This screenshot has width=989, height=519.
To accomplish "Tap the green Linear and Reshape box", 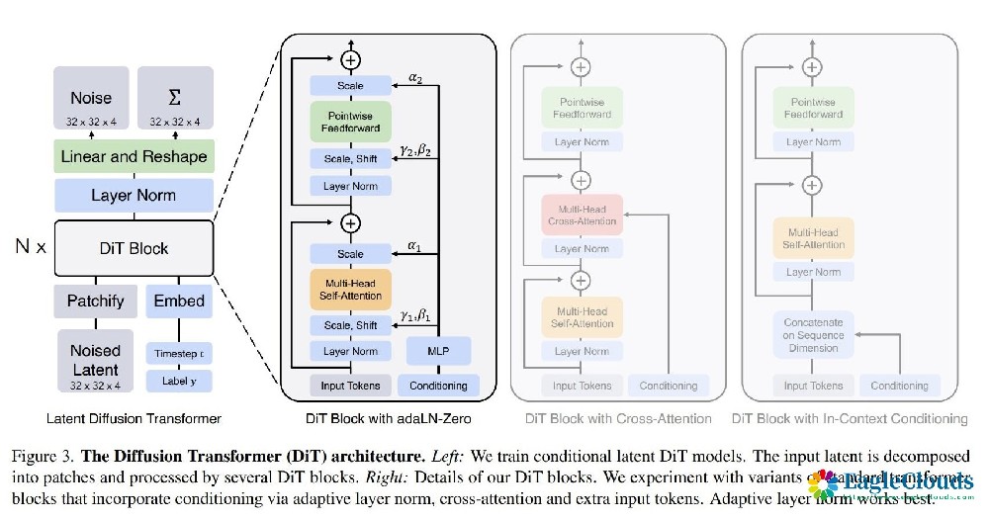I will point(134,156).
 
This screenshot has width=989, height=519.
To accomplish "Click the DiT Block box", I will point(134,248).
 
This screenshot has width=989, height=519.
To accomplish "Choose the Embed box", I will point(179,301).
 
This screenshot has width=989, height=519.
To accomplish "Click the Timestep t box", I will point(179,353).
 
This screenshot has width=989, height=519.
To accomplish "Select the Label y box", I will point(179,380).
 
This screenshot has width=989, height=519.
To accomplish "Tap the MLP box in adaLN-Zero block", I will point(438,351).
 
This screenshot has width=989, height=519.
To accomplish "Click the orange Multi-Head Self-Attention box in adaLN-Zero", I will point(350,290).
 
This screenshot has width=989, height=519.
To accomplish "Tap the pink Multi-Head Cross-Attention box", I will point(582,215).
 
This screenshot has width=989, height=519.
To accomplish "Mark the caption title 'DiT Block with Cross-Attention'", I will point(610,418).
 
